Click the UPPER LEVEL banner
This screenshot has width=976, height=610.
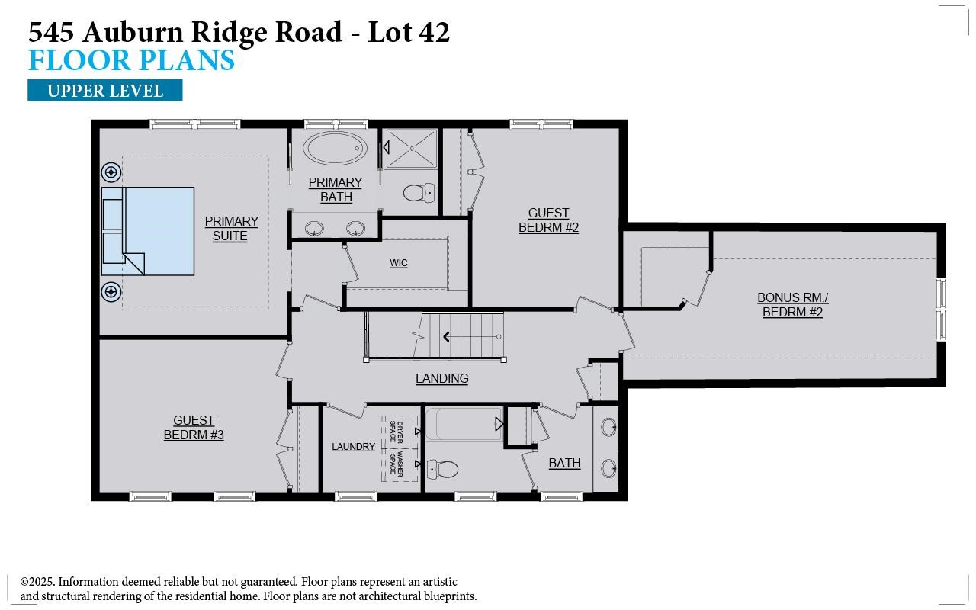pos(104,91)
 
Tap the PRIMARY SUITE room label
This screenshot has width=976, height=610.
pos(231,229)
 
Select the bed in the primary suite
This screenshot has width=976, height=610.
pos(149,230)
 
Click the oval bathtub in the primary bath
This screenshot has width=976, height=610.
pos(335,149)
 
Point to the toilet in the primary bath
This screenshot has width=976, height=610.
pos(418,193)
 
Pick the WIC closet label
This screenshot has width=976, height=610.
pos(399,263)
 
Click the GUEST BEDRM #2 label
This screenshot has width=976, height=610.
pos(548,220)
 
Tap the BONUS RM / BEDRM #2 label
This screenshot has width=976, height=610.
pos(792,305)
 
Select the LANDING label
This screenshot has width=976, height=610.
pos(441,378)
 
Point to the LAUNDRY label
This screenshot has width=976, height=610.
pos(353,447)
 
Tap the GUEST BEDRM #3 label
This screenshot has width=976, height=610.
pos(194,428)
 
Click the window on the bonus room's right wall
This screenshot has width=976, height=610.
pos(941,309)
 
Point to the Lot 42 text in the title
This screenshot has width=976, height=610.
pos(409,32)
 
